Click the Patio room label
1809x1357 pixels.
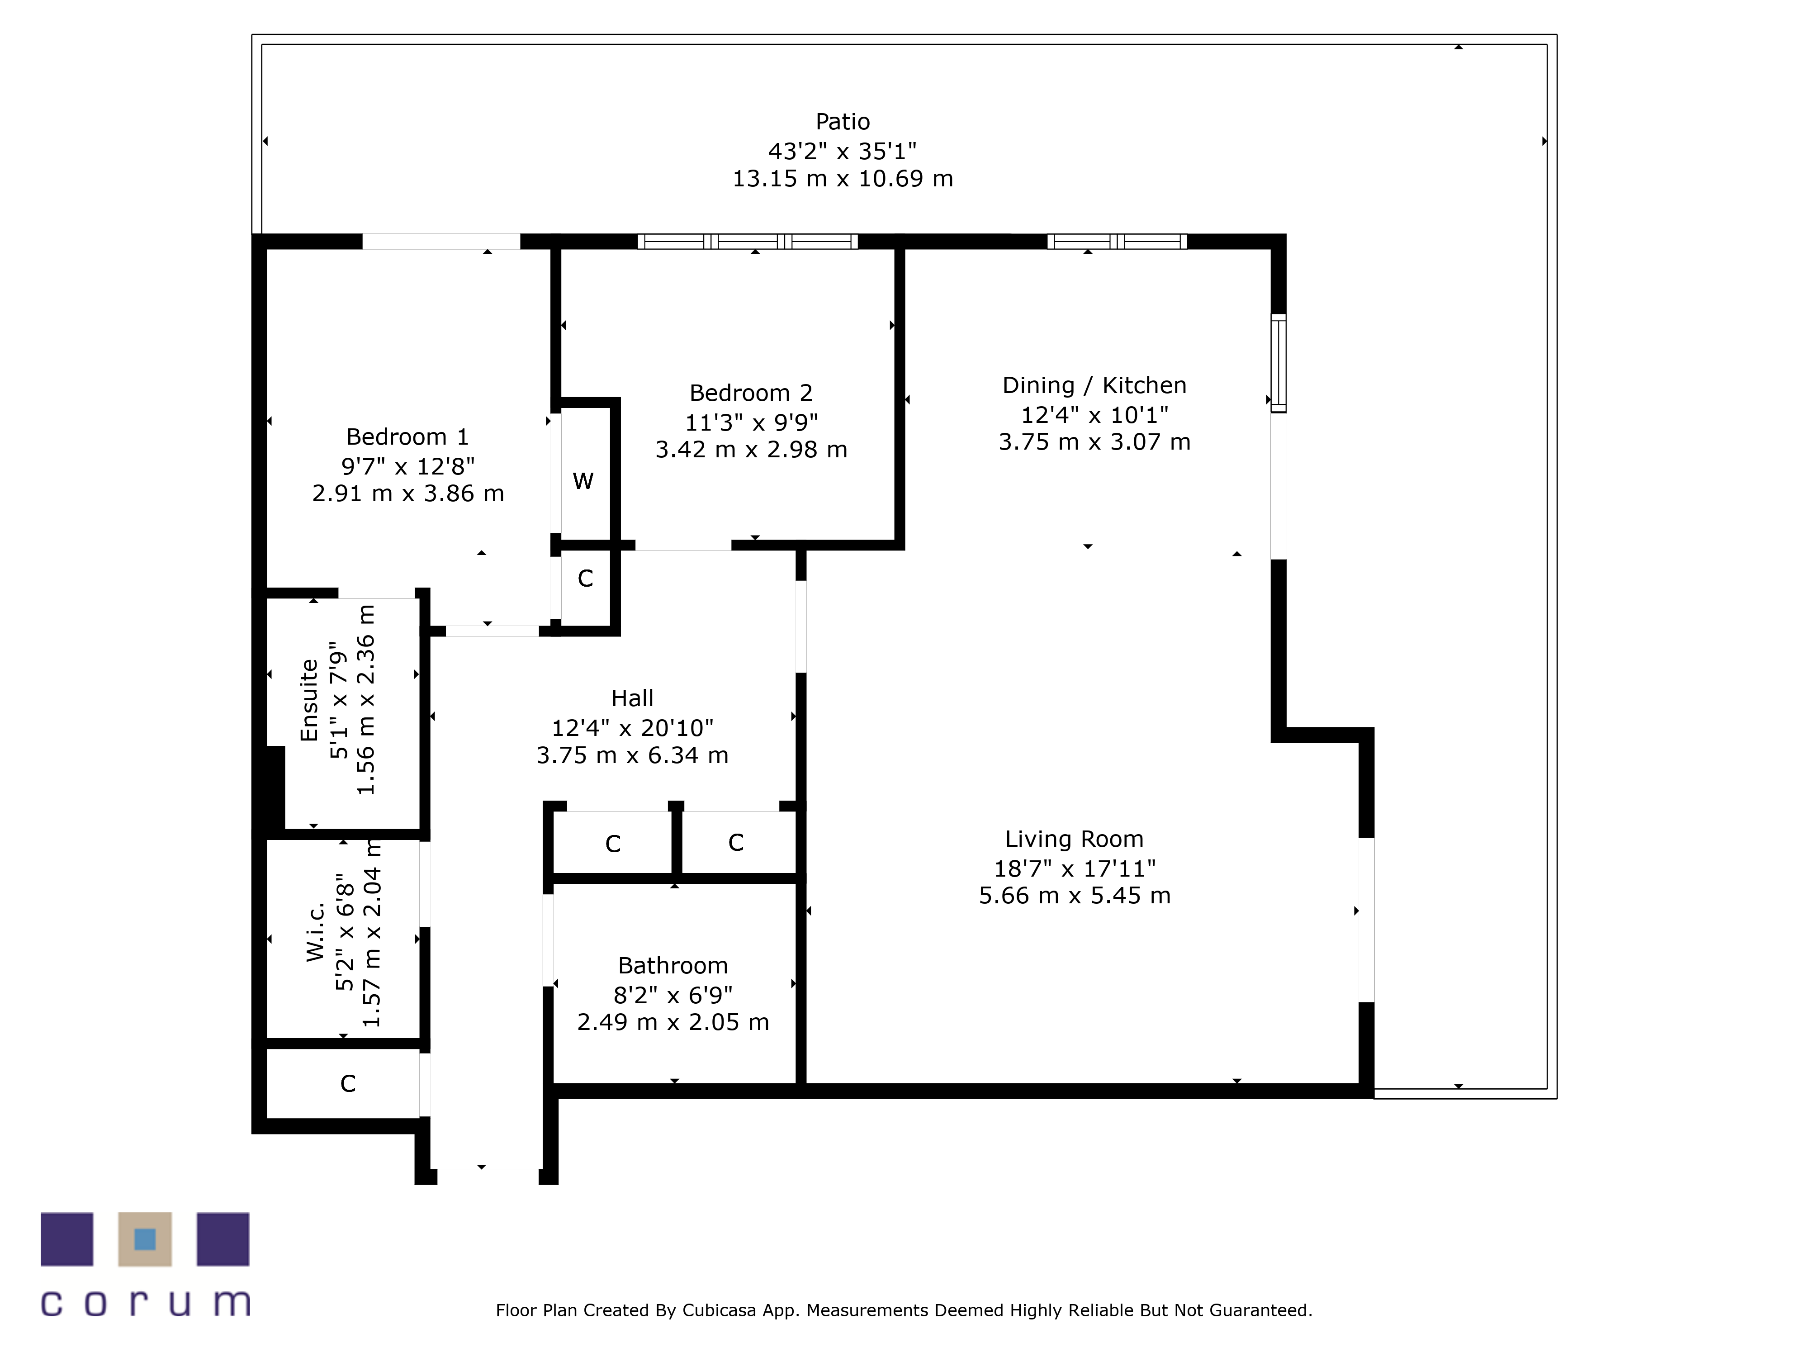pyautogui.click(x=843, y=122)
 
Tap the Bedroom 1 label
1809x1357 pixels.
pyautogui.click(x=407, y=437)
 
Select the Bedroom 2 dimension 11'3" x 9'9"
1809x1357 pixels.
pyautogui.click(x=751, y=422)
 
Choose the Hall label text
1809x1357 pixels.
pyautogui.click(x=632, y=698)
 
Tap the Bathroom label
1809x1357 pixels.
pyautogui.click(x=672, y=966)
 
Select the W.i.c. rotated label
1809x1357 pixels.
pyautogui.click(x=316, y=932)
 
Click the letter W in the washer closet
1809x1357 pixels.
pyautogui.click(x=583, y=481)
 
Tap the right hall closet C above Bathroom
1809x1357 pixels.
pyautogui.click(x=735, y=843)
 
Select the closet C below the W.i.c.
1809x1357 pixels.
pyautogui.click(x=348, y=1084)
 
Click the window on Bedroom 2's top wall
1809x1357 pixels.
pyautogui.click(x=748, y=241)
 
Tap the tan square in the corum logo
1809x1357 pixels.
pyautogui.click(x=145, y=1239)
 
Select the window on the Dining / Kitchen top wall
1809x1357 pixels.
pyautogui.click(x=1116, y=241)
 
